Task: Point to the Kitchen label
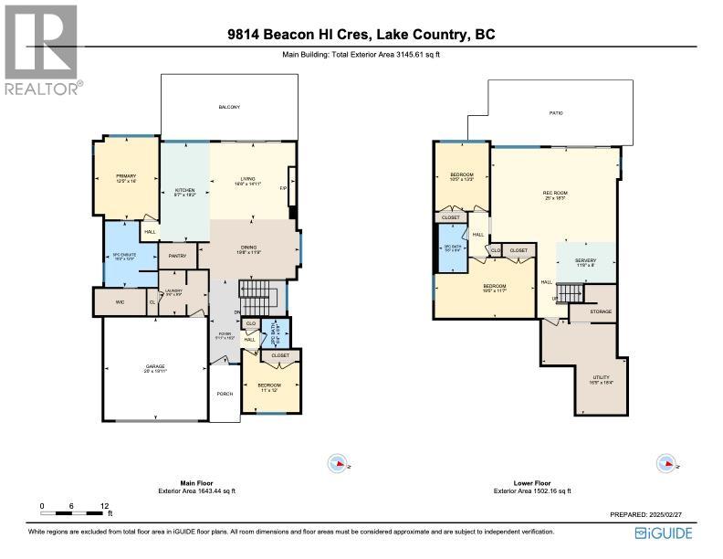(185, 191)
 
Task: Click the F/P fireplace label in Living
(283, 189)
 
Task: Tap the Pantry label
(177, 256)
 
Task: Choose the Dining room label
(249, 248)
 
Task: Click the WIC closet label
(120, 300)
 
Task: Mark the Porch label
(224, 394)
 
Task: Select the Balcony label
(229, 108)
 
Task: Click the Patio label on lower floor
(555, 112)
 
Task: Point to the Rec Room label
(555, 194)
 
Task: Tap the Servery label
(585, 261)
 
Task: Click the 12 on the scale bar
(105, 505)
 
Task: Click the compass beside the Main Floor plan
(338, 464)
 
